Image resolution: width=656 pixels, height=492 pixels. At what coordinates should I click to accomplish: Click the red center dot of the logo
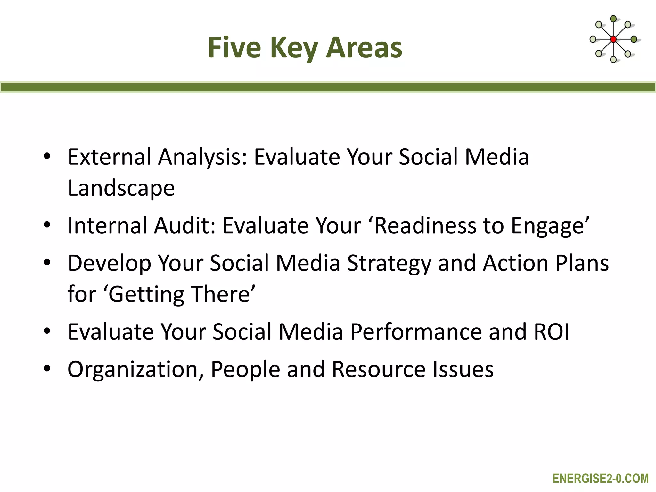613,39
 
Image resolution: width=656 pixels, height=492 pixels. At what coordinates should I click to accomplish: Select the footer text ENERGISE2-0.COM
600,479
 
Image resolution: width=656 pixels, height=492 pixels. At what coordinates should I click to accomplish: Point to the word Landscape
121,188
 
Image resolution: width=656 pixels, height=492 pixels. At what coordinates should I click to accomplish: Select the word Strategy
389,263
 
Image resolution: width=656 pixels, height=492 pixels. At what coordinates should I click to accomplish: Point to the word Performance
416,332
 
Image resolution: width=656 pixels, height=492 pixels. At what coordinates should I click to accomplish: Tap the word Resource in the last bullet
379,370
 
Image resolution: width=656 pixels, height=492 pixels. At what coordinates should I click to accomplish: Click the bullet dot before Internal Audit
47,225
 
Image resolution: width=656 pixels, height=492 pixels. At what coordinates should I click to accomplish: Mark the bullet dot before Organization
47,368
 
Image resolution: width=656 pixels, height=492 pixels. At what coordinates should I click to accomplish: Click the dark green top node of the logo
613,19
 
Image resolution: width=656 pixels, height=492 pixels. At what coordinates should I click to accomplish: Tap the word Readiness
425,225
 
